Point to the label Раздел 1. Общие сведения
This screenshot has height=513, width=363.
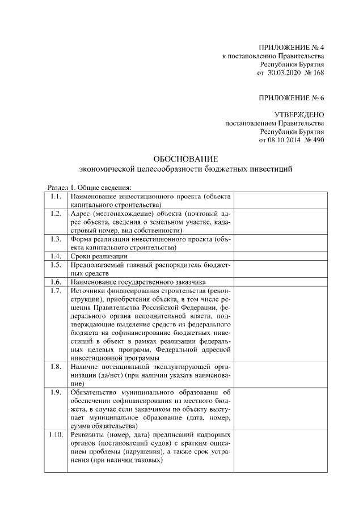(x=88, y=186)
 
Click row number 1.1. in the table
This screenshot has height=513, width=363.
(x=56, y=196)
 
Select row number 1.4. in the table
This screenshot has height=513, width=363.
(x=56, y=256)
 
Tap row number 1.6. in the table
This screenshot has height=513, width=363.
(x=56, y=282)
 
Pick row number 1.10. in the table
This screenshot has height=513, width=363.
(x=56, y=435)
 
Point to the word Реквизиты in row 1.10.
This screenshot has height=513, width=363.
(x=88, y=435)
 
